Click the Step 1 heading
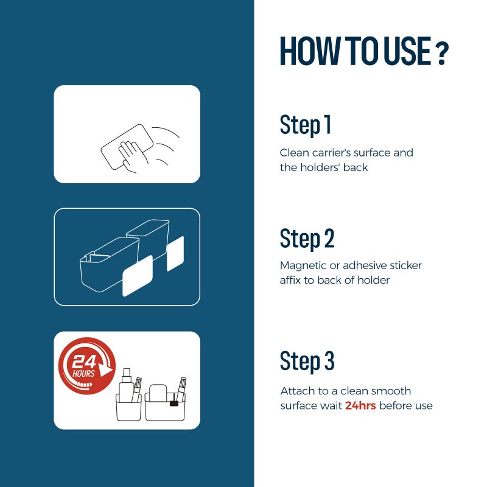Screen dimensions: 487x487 coord(306,125)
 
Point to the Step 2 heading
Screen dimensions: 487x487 coord(307,239)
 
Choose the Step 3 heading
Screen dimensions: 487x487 coord(307,361)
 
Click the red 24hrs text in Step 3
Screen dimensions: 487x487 coord(360,405)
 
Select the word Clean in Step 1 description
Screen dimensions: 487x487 coord(294,153)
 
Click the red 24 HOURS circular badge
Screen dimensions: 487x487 coord(87,366)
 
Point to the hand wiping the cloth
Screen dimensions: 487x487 coord(133,156)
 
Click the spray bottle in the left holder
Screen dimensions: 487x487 coord(127,385)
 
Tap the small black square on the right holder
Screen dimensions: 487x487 coord(174,404)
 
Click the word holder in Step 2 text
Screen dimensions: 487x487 coord(373,280)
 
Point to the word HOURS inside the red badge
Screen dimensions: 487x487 coord(83,373)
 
